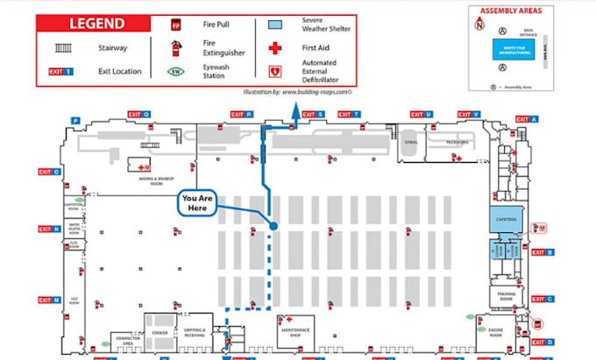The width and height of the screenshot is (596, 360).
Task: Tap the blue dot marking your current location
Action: click(x=274, y=226)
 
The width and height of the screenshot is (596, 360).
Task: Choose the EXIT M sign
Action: click(x=49, y=300)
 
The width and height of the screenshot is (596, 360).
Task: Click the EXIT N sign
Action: click(x=49, y=229)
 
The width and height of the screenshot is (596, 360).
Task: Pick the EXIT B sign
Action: click(x=543, y=252)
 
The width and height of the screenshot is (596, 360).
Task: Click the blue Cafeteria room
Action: click(x=504, y=218)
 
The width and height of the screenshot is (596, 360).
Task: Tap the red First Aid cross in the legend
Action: click(x=275, y=48)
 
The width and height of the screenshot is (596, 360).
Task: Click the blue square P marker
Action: click(x=75, y=120)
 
